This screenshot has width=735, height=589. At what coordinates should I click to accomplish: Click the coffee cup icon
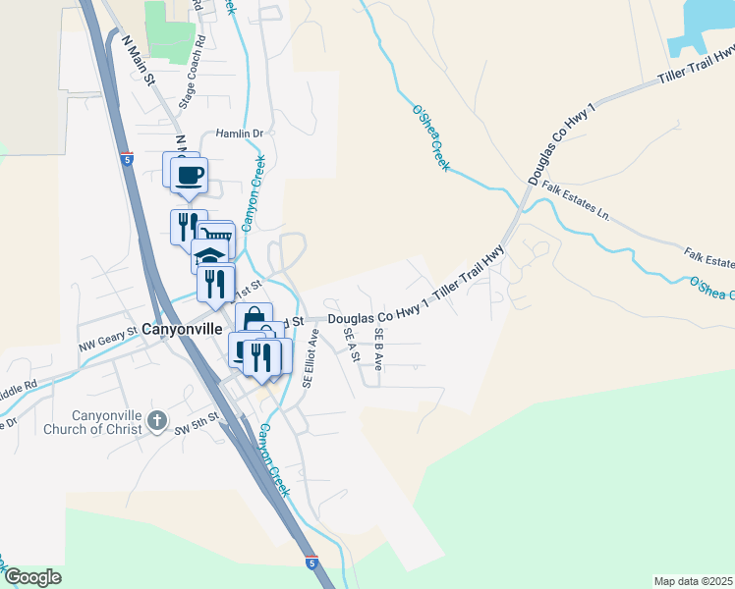(x=189, y=175)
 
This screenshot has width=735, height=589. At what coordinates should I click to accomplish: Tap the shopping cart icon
(x=215, y=235)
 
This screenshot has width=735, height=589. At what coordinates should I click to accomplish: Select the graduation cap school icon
(x=209, y=256)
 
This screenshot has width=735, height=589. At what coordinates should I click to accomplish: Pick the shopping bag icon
(x=254, y=317)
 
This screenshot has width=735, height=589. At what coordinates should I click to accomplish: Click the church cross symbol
(x=156, y=422)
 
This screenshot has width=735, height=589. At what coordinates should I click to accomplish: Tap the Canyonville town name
(x=182, y=329)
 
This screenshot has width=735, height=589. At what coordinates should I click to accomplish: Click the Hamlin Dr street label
(x=240, y=134)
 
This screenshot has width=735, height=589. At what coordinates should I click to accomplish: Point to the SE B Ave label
(x=378, y=348)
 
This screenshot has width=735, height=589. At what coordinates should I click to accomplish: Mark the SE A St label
(x=349, y=346)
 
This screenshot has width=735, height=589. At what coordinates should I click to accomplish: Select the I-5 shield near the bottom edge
(x=311, y=563)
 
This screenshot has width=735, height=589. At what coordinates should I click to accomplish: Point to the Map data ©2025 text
(x=692, y=581)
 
